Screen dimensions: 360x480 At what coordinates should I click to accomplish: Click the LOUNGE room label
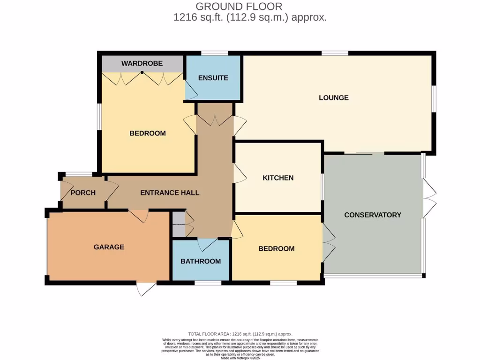(334, 98)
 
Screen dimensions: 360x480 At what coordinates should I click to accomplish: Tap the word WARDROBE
(142, 63)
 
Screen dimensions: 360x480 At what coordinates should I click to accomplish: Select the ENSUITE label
(213, 78)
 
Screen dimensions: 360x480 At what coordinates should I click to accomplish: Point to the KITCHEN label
(278, 178)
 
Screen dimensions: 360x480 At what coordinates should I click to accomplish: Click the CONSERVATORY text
(373, 215)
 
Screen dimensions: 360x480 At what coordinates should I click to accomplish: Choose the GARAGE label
(109, 247)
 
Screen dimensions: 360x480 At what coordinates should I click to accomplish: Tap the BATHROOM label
(201, 262)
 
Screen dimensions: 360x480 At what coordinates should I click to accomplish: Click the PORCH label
(83, 193)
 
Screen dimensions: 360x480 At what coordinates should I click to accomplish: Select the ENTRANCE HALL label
(170, 193)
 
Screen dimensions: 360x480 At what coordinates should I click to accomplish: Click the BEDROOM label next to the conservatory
(277, 249)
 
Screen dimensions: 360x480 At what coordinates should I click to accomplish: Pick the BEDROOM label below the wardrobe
(148, 134)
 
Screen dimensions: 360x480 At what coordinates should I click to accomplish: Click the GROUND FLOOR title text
(239, 7)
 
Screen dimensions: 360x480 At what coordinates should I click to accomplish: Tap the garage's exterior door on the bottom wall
(146, 288)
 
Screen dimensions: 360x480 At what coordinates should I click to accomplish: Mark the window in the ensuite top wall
(214, 53)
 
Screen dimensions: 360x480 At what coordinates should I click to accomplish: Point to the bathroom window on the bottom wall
(208, 283)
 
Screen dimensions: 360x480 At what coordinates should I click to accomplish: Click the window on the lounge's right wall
(434, 99)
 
